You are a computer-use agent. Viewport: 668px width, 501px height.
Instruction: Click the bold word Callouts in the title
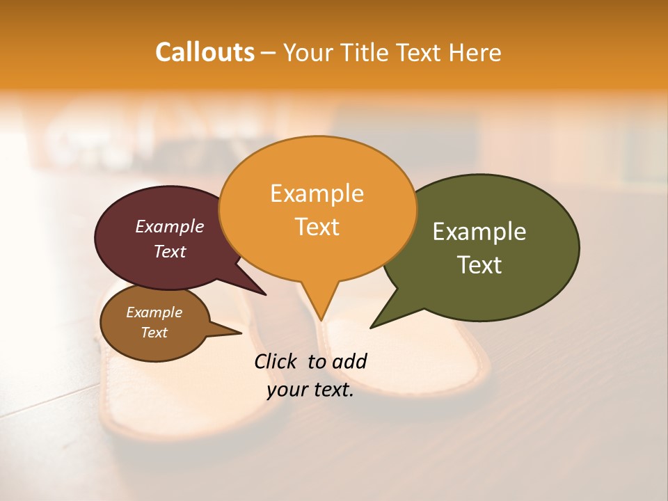click(x=205, y=52)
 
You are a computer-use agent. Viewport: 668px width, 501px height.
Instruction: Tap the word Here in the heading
click(x=475, y=52)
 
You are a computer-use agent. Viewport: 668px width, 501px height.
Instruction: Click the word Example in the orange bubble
click(x=317, y=193)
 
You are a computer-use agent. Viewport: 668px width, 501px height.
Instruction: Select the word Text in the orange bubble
click(x=317, y=227)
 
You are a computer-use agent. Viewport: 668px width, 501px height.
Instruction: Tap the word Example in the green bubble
click(x=479, y=231)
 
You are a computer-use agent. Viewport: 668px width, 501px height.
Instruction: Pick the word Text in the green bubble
click(x=480, y=265)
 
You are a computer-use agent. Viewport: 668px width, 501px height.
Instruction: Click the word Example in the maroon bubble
click(x=170, y=226)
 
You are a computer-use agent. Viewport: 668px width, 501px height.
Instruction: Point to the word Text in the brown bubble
click(x=154, y=333)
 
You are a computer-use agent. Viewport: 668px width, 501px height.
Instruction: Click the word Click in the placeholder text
click(x=276, y=361)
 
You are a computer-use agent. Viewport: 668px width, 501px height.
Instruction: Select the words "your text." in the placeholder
click(x=310, y=390)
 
